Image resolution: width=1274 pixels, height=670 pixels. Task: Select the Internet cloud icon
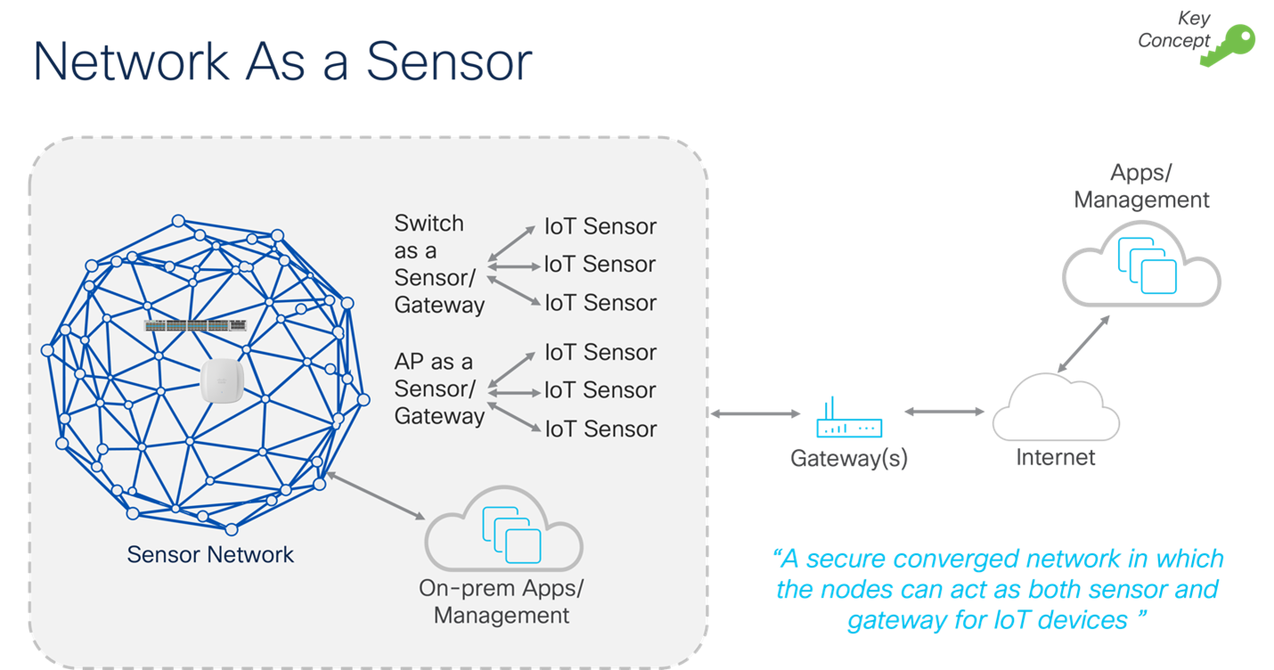point(1055,408)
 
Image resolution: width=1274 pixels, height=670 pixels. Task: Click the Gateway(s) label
point(849,458)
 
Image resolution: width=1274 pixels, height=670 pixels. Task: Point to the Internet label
point(1056,458)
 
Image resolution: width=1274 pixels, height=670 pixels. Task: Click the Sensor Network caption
point(210,554)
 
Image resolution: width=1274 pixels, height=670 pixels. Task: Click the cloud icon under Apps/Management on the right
point(1142,259)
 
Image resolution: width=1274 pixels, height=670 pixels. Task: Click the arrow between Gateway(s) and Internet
point(944,412)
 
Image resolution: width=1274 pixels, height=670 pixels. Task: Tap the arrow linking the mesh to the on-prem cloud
point(375,496)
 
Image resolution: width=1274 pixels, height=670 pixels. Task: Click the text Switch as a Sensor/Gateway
point(439,264)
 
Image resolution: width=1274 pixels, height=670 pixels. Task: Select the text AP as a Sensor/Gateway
point(439,389)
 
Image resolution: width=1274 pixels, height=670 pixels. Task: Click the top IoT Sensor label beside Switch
point(600,226)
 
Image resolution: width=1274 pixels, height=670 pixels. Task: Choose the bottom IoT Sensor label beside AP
point(600,429)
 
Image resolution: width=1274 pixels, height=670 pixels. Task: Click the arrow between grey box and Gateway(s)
point(756,413)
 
